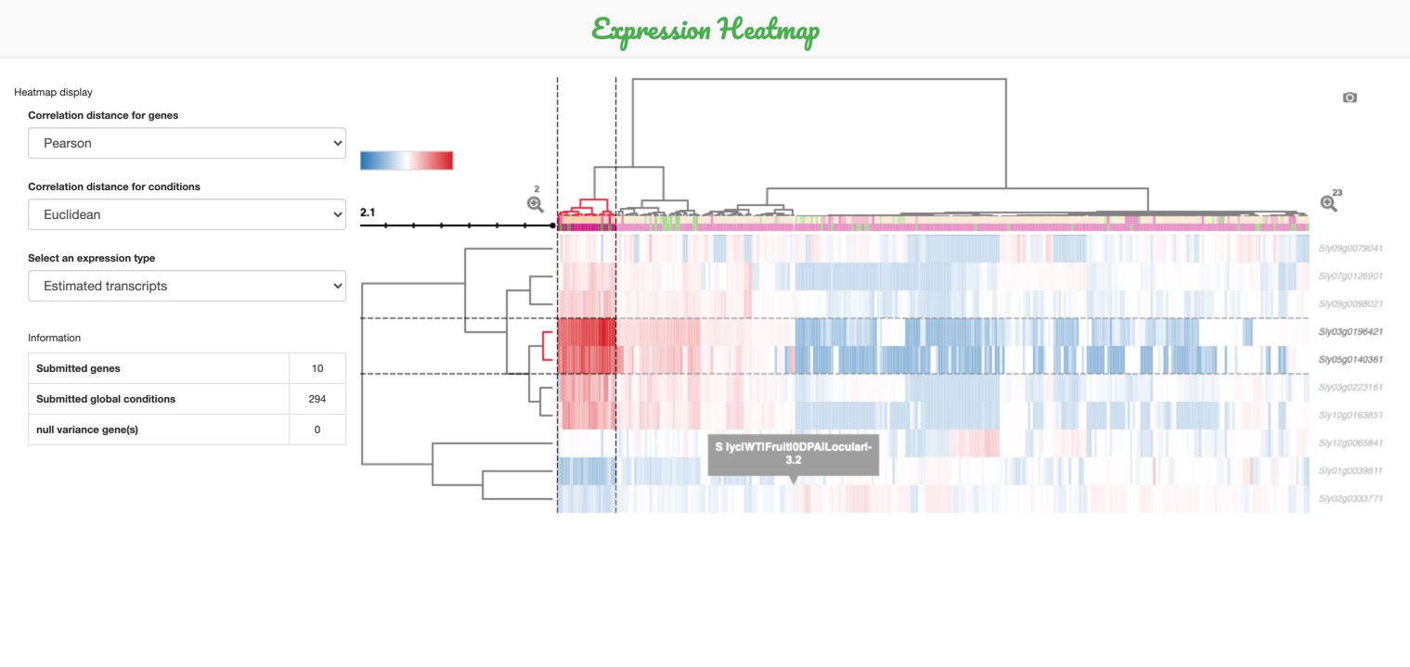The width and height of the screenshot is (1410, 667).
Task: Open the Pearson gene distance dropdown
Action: point(187,144)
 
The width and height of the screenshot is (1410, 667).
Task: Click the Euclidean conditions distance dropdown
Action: point(187,214)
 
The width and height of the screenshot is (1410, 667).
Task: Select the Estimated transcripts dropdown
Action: point(187,286)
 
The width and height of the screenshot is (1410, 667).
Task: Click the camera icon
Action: point(1350,97)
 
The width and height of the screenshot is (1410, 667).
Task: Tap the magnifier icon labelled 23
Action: point(1328,203)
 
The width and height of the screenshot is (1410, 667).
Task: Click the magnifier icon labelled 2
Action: point(535,204)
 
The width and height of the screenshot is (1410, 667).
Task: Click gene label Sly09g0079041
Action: point(1351,249)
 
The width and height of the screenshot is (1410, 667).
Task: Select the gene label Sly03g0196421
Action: point(1351,332)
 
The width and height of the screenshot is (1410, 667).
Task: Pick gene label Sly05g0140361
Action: point(1351,360)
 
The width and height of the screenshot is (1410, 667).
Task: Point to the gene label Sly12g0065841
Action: point(1351,443)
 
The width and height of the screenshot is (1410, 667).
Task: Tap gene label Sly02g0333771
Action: point(1351,499)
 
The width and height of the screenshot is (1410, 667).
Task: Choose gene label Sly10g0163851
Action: point(1351,416)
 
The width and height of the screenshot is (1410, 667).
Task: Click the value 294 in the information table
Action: point(317,399)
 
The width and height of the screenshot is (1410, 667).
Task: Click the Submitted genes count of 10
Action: point(317,368)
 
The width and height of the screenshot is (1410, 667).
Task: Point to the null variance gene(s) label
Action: point(87,430)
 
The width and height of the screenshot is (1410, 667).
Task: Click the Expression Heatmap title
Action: point(705,30)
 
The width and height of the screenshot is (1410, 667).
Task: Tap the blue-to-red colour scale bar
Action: point(407,160)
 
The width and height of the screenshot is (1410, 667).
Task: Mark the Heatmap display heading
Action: point(53,92)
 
